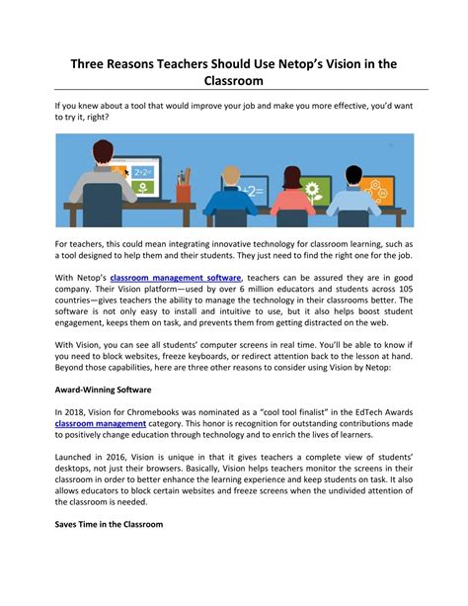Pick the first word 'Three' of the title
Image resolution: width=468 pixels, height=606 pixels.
(89, 63)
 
